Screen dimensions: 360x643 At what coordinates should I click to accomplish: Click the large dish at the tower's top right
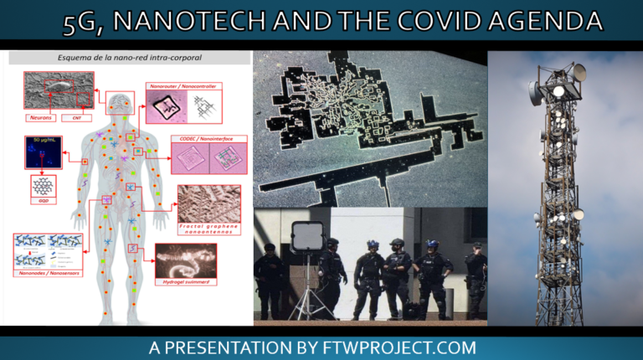click(579, 73)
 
